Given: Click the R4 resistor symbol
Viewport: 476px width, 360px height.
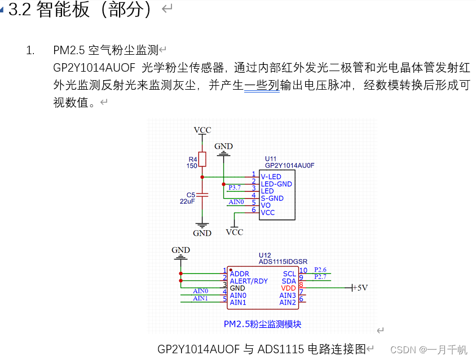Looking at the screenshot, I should [x=202, y=160].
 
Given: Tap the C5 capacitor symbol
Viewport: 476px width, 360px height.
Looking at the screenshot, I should [x=202, y=195].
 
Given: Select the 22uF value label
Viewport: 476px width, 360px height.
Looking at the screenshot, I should [x=188, y=201].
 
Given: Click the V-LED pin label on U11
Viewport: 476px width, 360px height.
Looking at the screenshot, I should [x=271, y=177].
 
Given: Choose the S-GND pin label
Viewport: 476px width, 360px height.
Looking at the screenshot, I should [x=272, y=198].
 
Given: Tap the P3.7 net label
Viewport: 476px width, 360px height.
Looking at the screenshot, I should [x=235, y=187].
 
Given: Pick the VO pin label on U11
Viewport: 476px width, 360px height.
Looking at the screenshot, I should [x=266, y=205].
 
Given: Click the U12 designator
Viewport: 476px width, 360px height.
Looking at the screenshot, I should [x=265, y=255].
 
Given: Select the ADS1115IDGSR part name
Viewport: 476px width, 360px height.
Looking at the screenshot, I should [x=283, y=262].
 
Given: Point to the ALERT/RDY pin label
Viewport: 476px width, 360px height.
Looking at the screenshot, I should [x=249, y=281].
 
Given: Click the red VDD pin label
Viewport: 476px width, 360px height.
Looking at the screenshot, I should [x=288, y=288].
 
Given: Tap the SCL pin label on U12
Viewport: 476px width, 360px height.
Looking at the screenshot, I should [x=289, y=274].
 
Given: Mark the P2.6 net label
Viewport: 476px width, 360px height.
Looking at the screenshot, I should [x=320, y=270].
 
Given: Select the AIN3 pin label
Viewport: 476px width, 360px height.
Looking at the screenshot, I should [x=288, y=295].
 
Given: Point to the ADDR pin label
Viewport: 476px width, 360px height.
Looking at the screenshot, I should [x=240, y=274].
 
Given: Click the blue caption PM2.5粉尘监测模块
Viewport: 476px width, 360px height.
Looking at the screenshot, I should [x=262, y=324].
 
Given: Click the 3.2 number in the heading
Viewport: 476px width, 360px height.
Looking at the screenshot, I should [x=19, y=10].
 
